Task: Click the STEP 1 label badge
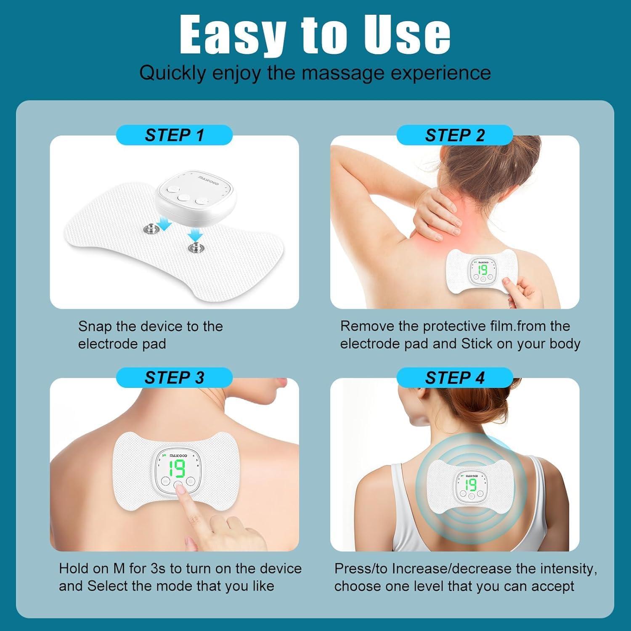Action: [x=174, y=135]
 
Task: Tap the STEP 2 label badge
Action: [x=455, y=135]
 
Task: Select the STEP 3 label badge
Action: [x=174, y=377]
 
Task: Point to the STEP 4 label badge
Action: [x=455, y=377]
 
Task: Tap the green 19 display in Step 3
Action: [x=177, y=468]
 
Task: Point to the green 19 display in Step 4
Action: [x=471, y=485]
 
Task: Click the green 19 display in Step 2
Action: [x=482, y=270]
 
